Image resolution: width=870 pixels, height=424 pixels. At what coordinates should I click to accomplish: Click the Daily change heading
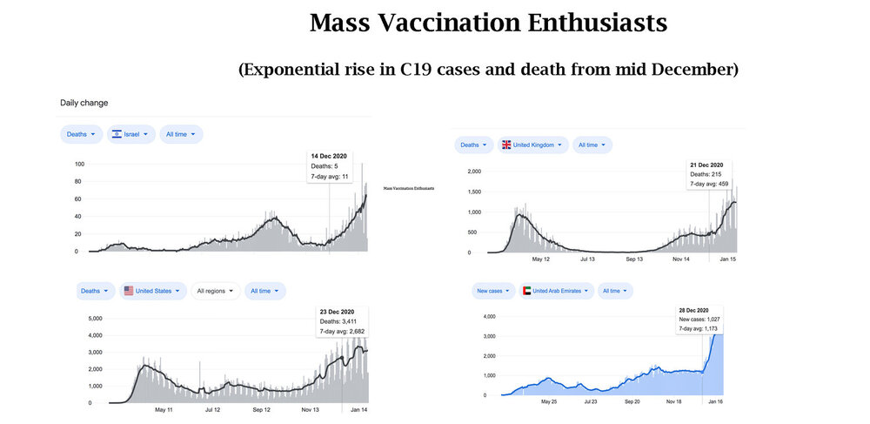click(x=84, y=103)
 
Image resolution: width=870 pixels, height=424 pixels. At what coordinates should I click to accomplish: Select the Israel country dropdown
click(x=131, y=134)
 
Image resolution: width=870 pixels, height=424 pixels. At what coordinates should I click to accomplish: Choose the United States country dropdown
click(x=152, y=291)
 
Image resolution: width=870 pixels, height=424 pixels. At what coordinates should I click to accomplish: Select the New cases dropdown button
click(x=493, y=290)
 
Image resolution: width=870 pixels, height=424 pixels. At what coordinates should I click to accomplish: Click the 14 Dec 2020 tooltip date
click(x=329, y=156)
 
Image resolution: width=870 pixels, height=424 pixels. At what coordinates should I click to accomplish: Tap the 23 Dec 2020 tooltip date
click(x=335, y=312)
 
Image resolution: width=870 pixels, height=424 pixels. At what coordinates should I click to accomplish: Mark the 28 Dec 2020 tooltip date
click(x=695, y=310)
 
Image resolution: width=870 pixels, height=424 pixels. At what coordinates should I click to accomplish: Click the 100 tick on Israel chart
click(x=79, y=164)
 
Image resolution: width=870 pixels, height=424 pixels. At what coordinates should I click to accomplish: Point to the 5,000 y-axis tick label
click(x=95, y=319)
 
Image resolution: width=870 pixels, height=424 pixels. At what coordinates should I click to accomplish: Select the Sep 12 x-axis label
click(x=262, y=409)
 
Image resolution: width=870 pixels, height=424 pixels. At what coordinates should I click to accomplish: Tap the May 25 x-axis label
click(x=548, y=402)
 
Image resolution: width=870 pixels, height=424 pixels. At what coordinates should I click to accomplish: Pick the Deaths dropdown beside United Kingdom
click(x=473, y=145)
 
